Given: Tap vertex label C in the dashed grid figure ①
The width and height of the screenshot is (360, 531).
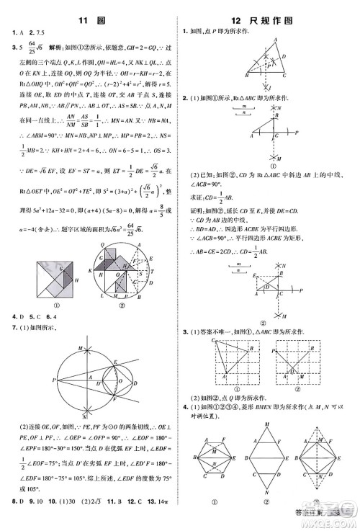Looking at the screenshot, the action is click(215, 340).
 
